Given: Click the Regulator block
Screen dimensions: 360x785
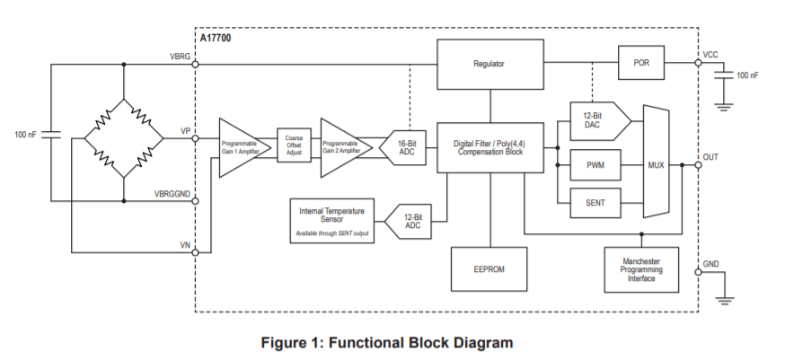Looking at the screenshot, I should [489, 64].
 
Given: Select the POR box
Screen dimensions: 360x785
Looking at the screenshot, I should [641, 64].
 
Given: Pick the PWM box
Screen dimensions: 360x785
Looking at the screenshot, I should [595, 166].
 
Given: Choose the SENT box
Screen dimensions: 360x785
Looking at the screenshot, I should [595, 204].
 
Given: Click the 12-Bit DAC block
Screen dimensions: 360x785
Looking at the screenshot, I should [593, 119].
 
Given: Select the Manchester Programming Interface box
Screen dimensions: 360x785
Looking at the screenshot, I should [641, 268].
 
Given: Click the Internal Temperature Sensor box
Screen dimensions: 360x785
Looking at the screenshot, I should [331, 221].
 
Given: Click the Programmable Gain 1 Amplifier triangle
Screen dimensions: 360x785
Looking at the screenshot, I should [239, 147].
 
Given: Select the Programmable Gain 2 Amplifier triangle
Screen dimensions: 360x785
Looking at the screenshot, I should [340, 147].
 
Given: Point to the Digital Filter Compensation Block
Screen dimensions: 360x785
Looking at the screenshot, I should [489, 147].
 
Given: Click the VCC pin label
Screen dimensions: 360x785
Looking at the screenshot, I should [711, 55].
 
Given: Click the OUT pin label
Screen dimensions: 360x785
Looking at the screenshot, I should [711, 157].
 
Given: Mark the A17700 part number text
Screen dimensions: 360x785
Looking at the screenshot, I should [215, 38].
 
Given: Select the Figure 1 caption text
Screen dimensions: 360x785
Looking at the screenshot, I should [386, 343].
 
